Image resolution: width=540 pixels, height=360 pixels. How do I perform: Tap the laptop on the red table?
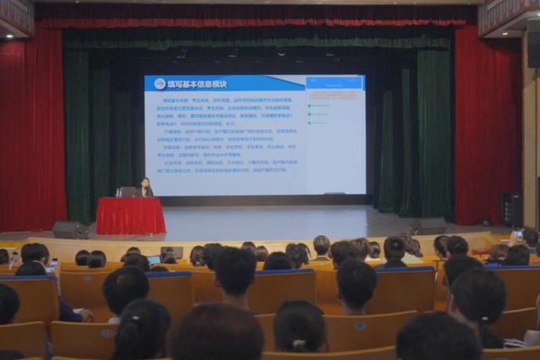tap(128, 192)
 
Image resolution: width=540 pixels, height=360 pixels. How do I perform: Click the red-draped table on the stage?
tap(130, 215)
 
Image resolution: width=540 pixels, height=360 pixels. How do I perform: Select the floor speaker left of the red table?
tap(70, 230)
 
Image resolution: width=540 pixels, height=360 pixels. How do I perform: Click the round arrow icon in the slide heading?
tap(160, 84)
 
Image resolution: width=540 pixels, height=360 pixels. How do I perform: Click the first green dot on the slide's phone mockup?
tap(310, 105)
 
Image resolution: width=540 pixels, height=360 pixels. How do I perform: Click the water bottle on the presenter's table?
tap(117, 191)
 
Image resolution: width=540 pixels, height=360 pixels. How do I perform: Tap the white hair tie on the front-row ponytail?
tap(297, 343)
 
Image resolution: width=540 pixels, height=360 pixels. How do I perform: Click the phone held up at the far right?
tap(518, 234)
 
